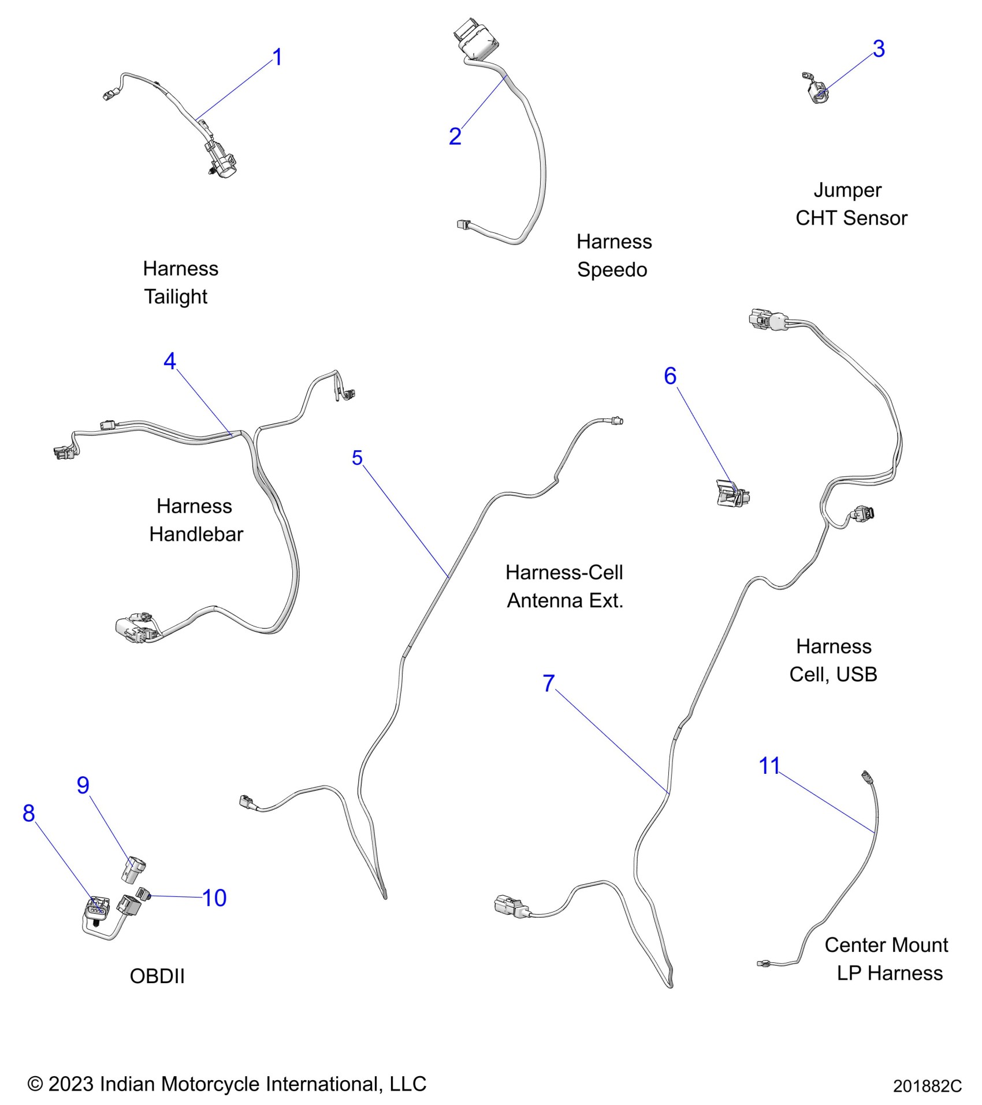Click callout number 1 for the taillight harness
(277, 57)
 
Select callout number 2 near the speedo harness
(455, 136)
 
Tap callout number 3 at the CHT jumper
(879, 49)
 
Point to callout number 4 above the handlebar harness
(169, 361)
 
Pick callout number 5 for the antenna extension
(357, 458)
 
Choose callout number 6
(670, 376)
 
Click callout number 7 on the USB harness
(549, 683)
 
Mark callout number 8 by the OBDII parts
(29, 813)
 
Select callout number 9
(83, 785)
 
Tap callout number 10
(214, 898)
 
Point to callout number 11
(769, 766)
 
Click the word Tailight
(176, 296)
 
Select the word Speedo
(612, 270)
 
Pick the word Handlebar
(196, 534)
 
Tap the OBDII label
(157, 976)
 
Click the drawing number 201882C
(927, 1087)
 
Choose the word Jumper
(847, 190)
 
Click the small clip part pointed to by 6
(731, 493)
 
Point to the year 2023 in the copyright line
(70, 1084)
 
